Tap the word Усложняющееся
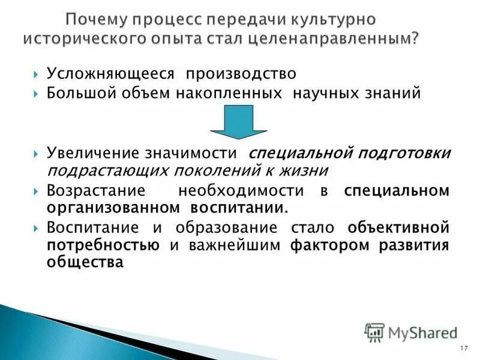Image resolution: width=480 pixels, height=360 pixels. point(111,74)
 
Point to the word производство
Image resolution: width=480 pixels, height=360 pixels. point(241,74)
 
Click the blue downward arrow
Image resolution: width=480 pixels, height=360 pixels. point(238,123)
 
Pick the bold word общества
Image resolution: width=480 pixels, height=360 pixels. point(85,262)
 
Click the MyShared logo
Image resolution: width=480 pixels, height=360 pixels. point(412,331)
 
